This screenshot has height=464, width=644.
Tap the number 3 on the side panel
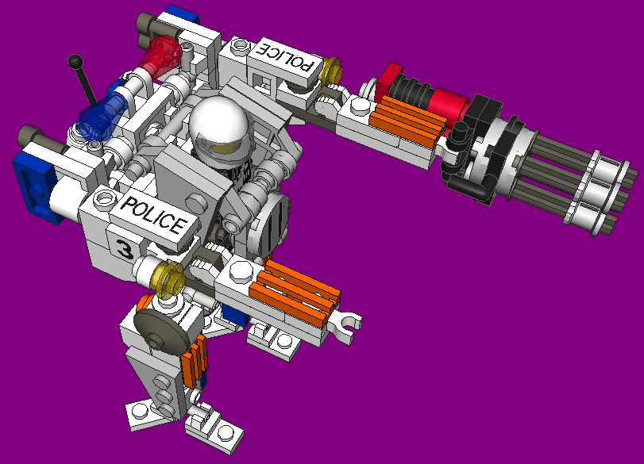click(124, 247)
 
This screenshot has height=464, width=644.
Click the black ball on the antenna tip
click(75, 62)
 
